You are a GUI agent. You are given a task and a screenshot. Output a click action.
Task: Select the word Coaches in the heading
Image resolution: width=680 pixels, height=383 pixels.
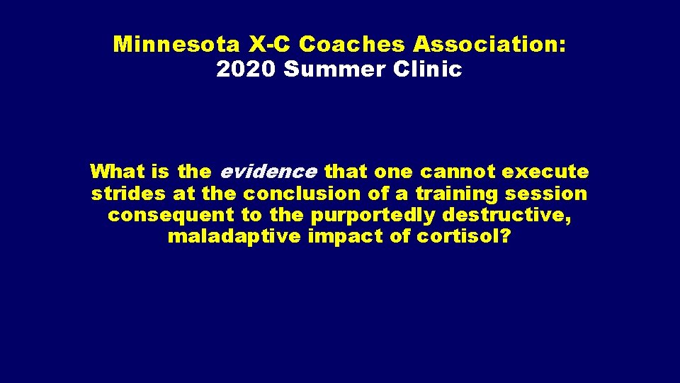coord(352,45)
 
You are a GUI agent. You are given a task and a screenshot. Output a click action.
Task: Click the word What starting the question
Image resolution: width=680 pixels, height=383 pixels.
coord(117,172)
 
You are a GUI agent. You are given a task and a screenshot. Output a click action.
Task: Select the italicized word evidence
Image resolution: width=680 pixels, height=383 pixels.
coord(268,172)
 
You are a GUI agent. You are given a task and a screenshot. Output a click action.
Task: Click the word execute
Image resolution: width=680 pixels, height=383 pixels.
coord(545,172)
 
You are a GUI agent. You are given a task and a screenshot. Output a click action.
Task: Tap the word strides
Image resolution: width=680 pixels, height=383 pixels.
coord(129,194)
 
